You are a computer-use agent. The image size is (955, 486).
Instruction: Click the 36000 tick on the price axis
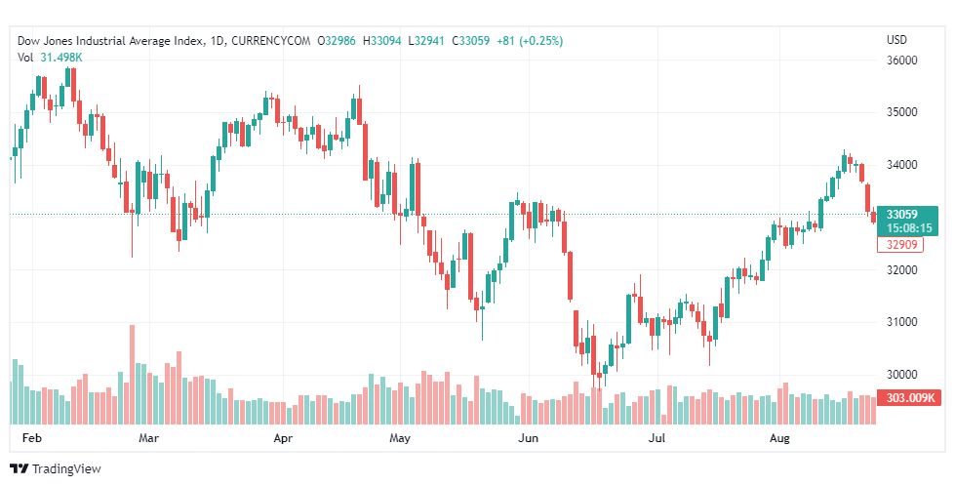(902, 61)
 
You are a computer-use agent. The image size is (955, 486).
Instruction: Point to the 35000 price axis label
(902, 112)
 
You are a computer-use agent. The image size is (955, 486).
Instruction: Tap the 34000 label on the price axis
(902, 165)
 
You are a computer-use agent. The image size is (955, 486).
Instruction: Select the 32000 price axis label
(902, 269)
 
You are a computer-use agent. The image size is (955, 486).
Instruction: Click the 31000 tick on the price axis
(902, 322)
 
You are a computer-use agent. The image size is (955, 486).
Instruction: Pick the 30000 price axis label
(902, 375)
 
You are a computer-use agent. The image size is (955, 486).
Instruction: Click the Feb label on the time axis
(32, 439)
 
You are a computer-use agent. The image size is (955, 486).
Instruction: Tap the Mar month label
(148, 439)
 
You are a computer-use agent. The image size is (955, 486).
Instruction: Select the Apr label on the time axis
(284, 439)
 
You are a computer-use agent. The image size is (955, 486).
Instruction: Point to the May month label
(398, 439)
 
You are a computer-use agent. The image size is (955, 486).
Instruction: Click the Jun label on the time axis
(528, 439)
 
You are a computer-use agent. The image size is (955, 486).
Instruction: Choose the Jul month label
(658, 439)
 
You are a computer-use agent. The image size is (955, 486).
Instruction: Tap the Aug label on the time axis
(779, 439)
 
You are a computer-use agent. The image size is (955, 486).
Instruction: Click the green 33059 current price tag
(906, 215)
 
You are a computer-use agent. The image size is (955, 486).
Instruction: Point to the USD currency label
(896, 40)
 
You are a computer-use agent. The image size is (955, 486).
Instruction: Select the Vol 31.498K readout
(50, 57)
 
